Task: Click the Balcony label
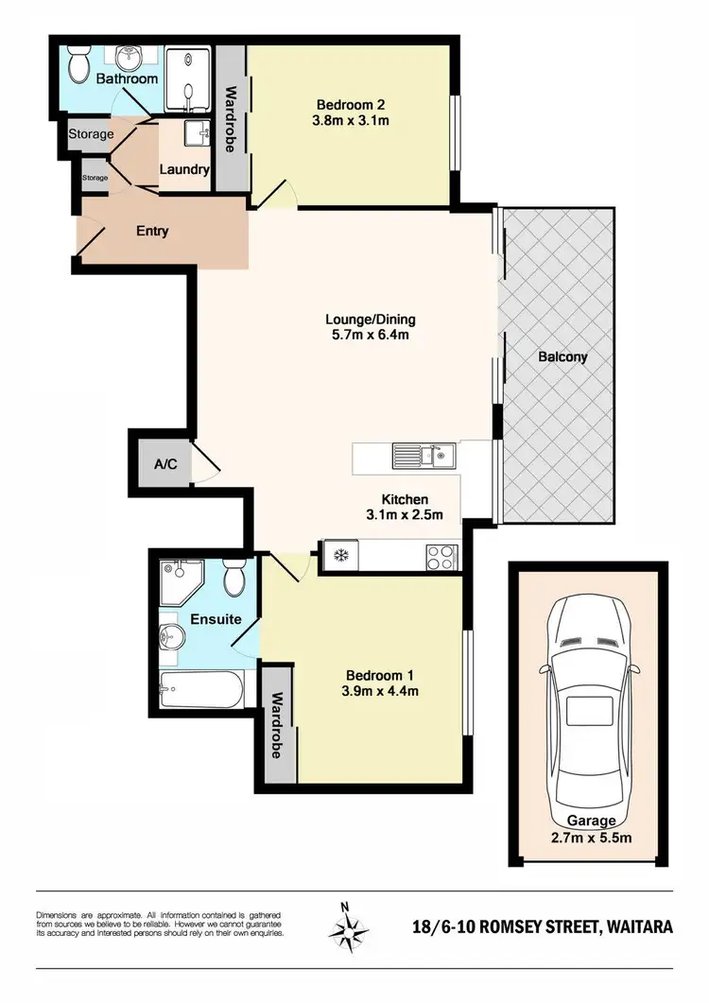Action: (x=562, y=357)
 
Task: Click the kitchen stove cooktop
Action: (x=441, y=555)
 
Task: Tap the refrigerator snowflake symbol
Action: (x=338, y=555)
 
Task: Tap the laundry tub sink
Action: (x=196, y=134)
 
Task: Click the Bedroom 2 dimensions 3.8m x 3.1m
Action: (x=352, y=120)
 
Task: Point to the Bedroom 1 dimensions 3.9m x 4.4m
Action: (x=382, y=691)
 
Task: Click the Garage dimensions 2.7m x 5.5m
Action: (x=591, y=837)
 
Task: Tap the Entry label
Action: (x=153, y=231)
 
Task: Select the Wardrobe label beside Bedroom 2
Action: (x=230, y=120)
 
